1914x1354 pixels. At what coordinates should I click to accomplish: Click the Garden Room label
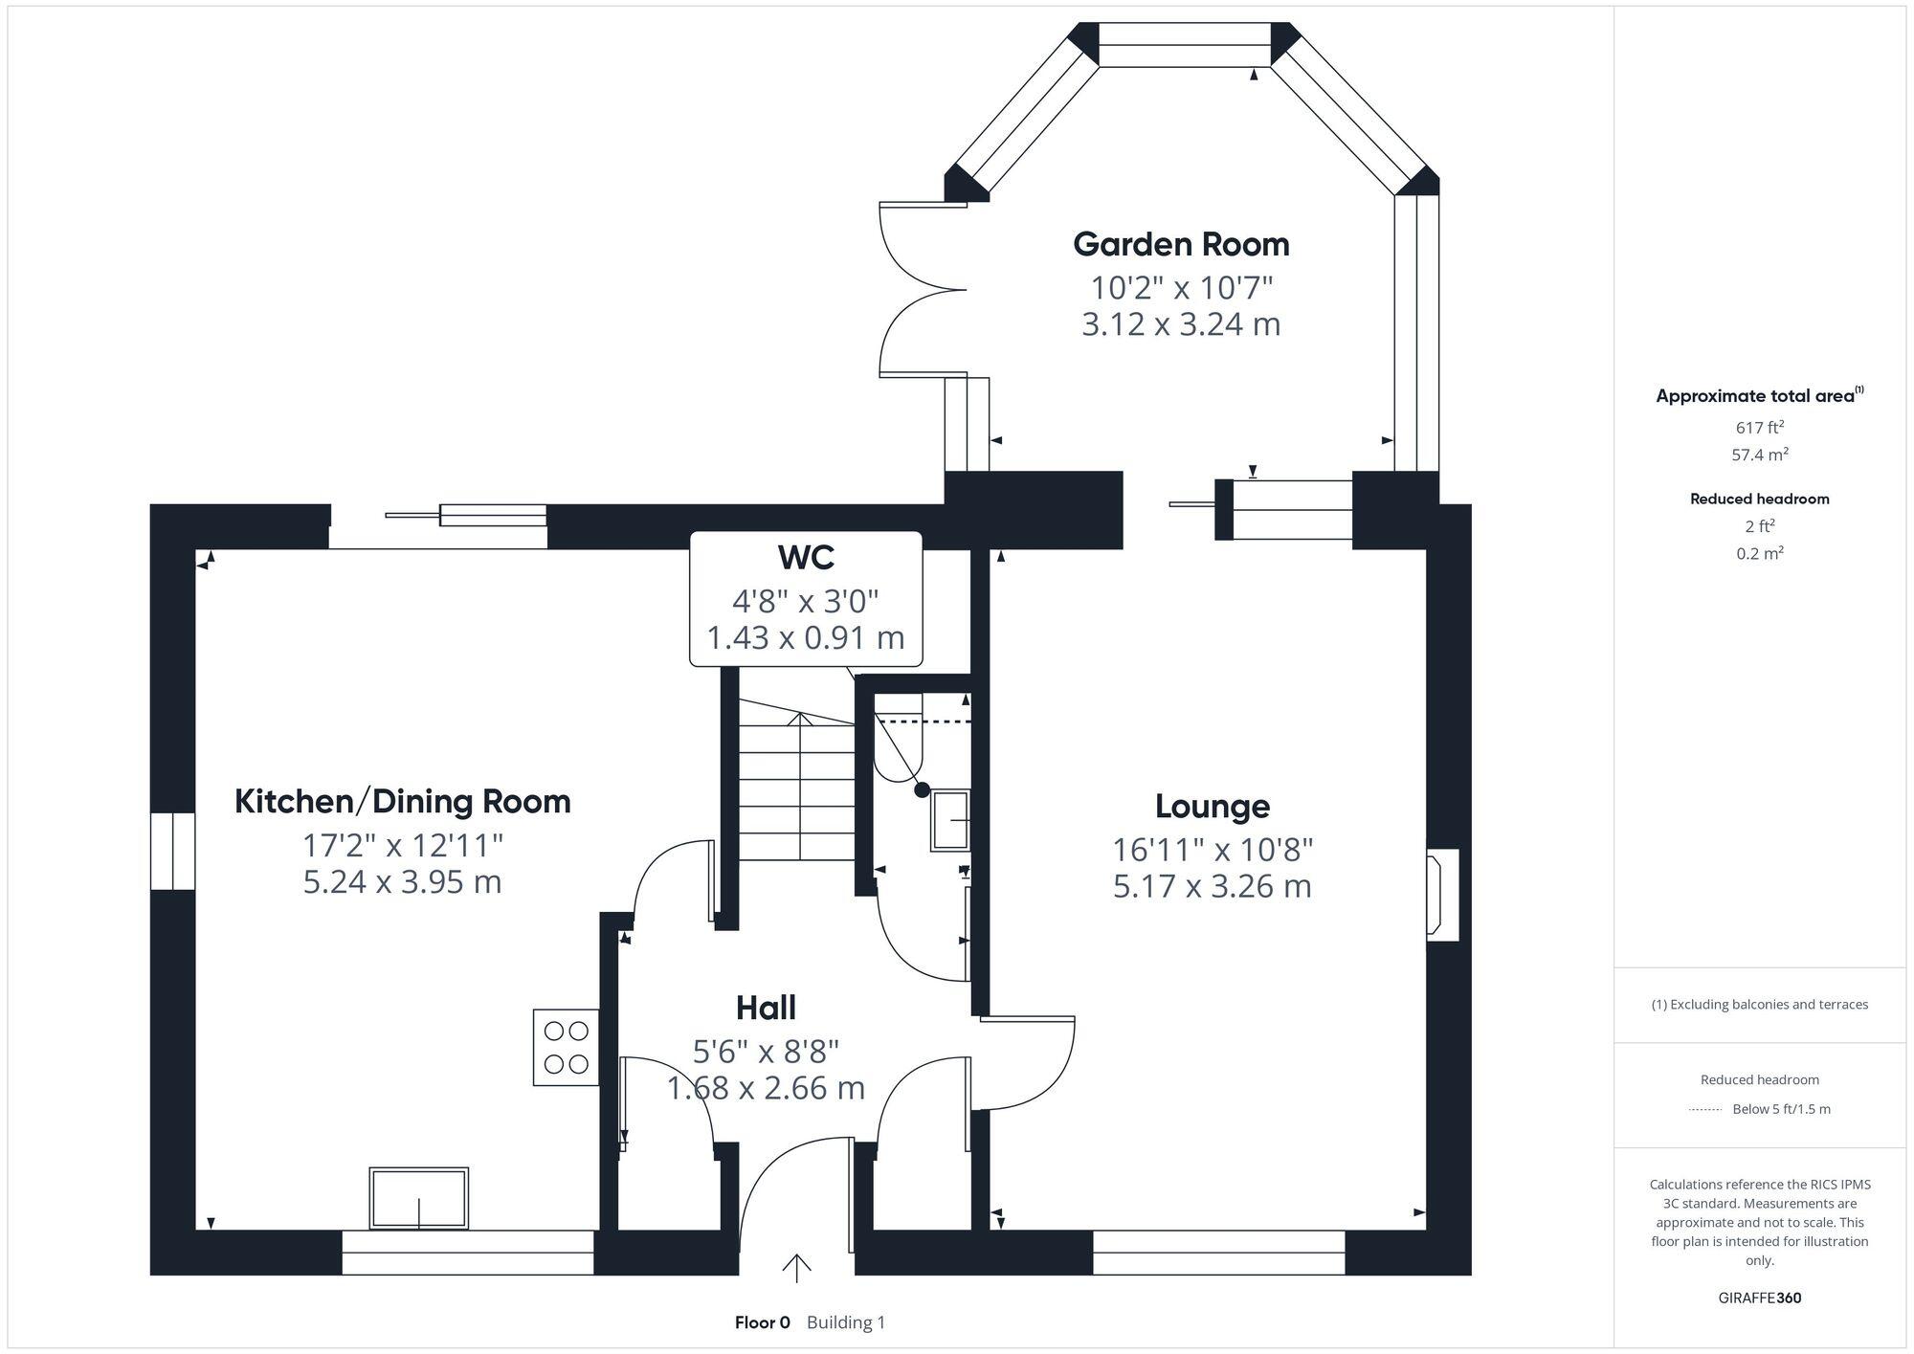[1181, 245]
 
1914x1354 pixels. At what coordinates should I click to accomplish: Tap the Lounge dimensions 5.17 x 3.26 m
[1212, 886]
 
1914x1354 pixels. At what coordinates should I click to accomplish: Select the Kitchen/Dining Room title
[403, 802]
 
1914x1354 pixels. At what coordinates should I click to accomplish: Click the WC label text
[806, 557]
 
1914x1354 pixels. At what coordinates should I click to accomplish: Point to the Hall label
[766, 1008]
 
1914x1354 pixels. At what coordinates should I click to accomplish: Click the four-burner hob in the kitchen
[566, 1048]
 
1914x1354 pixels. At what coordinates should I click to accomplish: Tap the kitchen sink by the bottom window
[419, 1198]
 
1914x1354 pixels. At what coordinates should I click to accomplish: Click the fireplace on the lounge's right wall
[1442, 896]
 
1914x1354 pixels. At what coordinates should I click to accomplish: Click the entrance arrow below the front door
[796, 1268]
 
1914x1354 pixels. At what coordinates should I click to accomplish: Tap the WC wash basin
[950, 820]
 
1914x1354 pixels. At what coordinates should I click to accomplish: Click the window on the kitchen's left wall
[172, 852]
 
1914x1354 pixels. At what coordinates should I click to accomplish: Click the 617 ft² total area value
[1759, 428]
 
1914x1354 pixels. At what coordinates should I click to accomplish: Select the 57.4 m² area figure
[1759, 455]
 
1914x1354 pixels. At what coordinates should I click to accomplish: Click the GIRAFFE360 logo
[1759, 1299]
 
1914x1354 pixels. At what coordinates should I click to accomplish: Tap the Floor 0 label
[763, 1322]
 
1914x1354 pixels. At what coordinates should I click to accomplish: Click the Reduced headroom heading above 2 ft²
[1759, 499]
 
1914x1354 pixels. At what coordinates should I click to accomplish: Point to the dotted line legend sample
[1705, 1110]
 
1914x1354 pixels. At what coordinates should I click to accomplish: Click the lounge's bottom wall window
[1218, 1253]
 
